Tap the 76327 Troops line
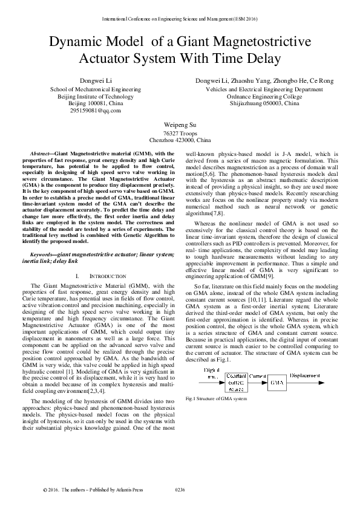(x=179, y=132)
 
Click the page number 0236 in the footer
(x=179, y=490)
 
